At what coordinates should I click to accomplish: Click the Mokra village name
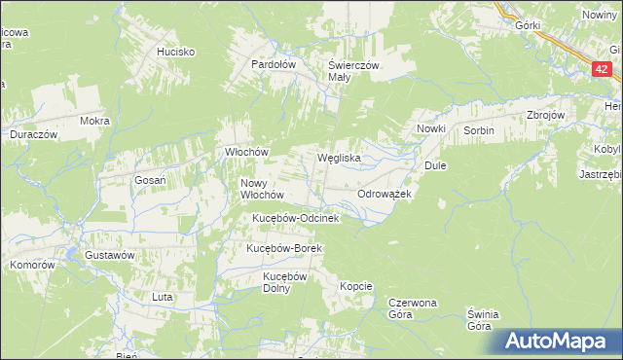[x=95, y=122]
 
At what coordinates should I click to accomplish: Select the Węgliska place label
[x=340, y=157]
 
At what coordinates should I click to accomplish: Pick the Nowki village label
[x=430, y=129]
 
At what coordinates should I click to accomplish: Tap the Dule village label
[x=434, y=165]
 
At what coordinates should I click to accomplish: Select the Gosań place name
[x=151, y=180]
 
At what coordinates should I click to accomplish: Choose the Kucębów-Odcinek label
[x=295, y=218]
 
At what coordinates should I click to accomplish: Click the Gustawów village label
[x=108, y=254]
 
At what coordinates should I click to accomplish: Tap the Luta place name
[x=162, y=296]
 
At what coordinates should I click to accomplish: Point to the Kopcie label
[x=355, y=286]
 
